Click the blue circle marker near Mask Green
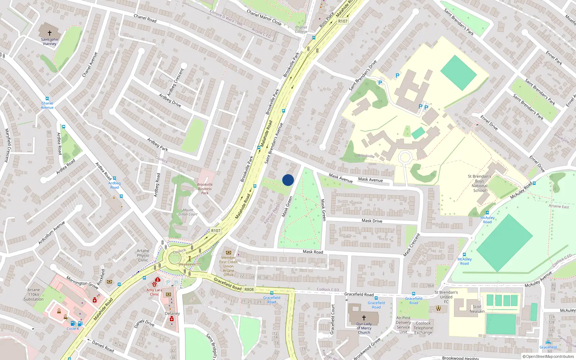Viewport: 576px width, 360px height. pos(288,180)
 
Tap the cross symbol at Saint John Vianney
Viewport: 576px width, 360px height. pos(50,33)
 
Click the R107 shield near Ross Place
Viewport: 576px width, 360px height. pos(343,21)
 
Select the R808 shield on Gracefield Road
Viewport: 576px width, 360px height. pos(249,289)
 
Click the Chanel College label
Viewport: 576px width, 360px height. pos(301,30)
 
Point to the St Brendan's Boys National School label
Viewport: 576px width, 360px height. pos(480,184)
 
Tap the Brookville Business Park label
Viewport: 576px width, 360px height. pos(205,189)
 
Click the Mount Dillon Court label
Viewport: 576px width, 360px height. pos(188,212)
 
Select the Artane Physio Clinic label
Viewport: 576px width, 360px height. pos(143,256)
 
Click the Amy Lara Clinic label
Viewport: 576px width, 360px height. pos(154,292)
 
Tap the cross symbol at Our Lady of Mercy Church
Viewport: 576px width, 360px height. pos(364,318)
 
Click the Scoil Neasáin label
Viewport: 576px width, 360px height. pos(477,309)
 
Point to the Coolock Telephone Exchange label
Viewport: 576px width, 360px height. pos(423,328)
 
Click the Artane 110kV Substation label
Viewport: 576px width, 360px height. pos(33,294)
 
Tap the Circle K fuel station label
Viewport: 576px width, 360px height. pos(73,329)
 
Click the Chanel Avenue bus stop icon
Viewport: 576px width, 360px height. pos(47,99)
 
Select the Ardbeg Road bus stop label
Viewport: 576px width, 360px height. pos(114,185)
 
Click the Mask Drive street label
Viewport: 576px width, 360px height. pos(372,221)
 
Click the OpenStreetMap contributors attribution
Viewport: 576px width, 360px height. pos(548,356)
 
